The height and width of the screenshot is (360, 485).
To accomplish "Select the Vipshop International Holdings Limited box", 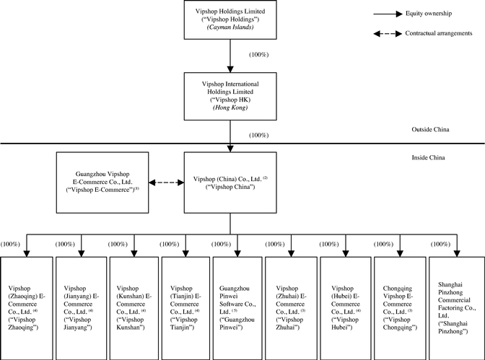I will [230, 95].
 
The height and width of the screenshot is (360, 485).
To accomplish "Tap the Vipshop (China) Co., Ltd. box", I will [230, 182].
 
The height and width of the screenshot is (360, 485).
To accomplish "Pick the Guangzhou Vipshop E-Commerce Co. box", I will [102, 182].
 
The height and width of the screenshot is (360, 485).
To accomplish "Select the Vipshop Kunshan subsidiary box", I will [133, 307].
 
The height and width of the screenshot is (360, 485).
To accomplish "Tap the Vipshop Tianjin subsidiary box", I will [185, 307].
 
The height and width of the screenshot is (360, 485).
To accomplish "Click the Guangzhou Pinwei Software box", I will [237, 307].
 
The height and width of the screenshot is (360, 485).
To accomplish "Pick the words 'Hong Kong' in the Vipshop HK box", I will [230, 107].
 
